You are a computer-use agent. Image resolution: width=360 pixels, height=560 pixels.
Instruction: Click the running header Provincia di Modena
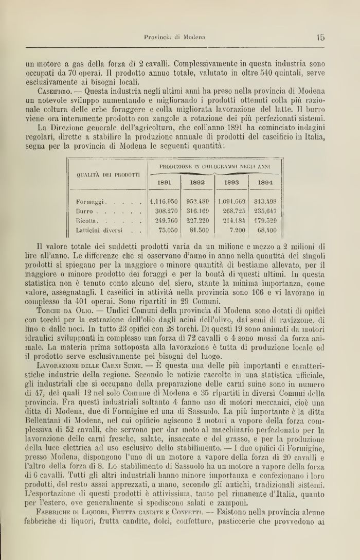coord(174,37)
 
